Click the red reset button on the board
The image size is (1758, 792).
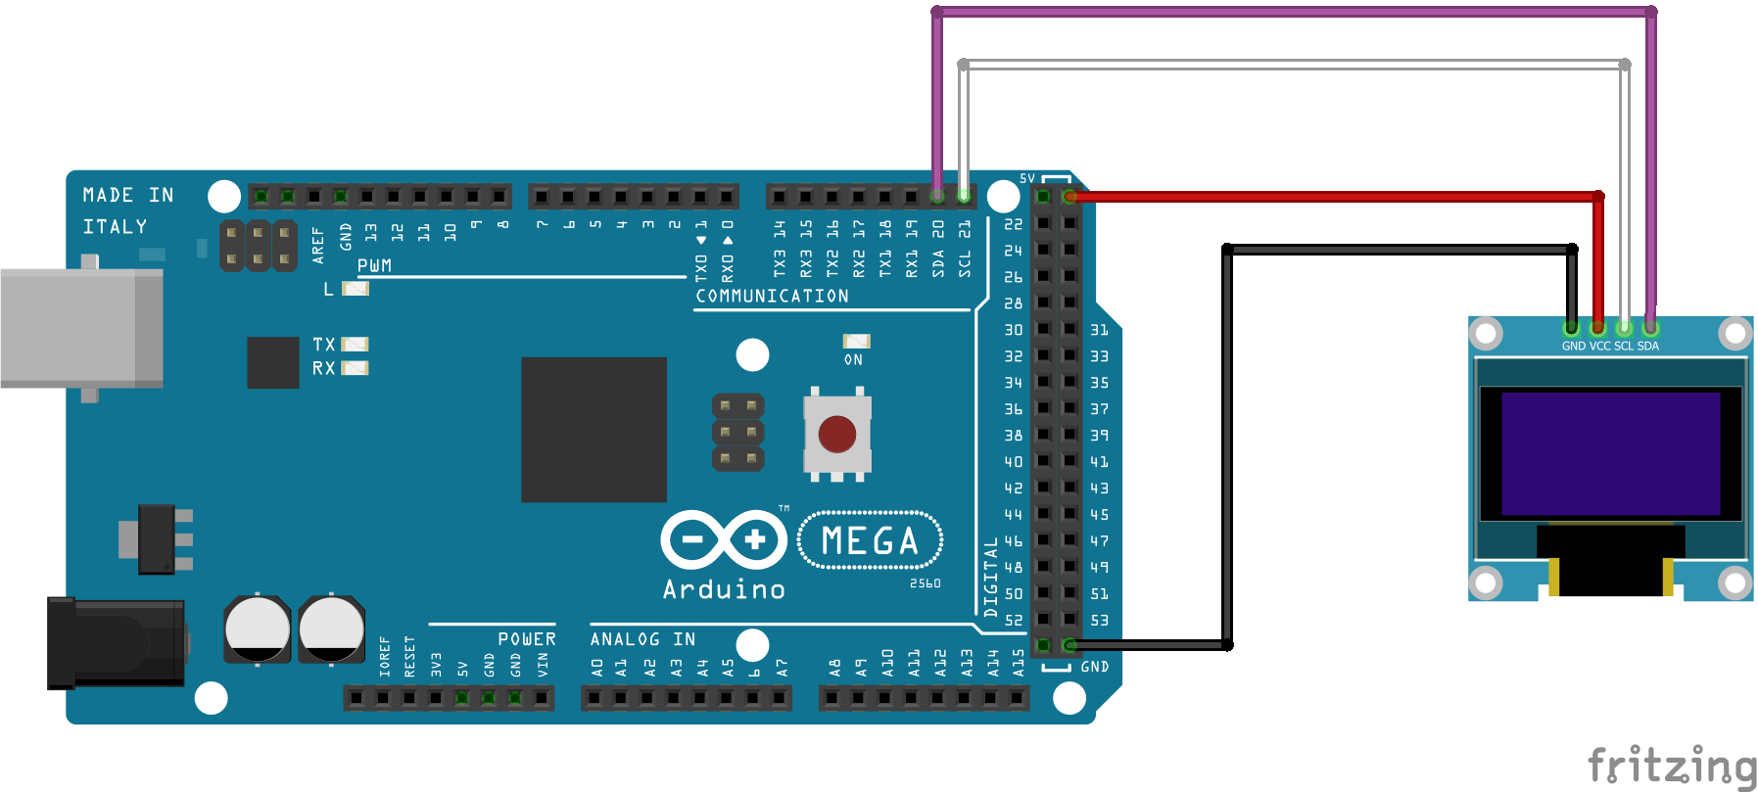pyautogui.click(x=836, y=434)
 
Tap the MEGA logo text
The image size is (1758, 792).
pyautogui.click(x=870, y=540)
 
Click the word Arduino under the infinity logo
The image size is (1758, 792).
pyautogui.click(x=724, y=589)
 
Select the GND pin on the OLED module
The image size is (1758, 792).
pyautogui.click(x=1571, y=328)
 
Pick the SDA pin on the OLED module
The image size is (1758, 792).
pyautogui.click(x=1650, y=328)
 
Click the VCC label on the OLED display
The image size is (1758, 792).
pyautogui.click(x=1599, y=347)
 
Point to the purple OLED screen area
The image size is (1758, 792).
pyautogui.click(x=1610, y=453)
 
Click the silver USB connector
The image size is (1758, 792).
pyautogui.click(x=81, y=328)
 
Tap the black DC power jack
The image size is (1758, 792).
pyautogui.click(x=116, y=643)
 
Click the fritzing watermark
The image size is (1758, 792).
pyautogui.click(x=1671, y=766)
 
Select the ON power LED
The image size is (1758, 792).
pyautogui.click(x=856, y=341)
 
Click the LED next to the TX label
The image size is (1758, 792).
pyautogui.click(x=354, y=345)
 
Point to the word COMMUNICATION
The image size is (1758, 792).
pyautogui.click(x=772, y=296)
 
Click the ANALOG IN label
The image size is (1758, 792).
pyautogui.click(x=642, y=639)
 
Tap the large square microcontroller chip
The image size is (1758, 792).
pyautogui.click(x=594, y=430)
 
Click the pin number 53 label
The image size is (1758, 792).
pyautogui.click(x=1100, y=621)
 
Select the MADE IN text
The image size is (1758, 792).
pyautogui.click(x=128, y=195)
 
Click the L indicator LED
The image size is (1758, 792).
pyautogui.click(x=355, y=289)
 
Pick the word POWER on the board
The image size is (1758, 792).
pyautogui.click(x=526, y=639)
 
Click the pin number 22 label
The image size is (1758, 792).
pyautogui.click(x=1013, y=224)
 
